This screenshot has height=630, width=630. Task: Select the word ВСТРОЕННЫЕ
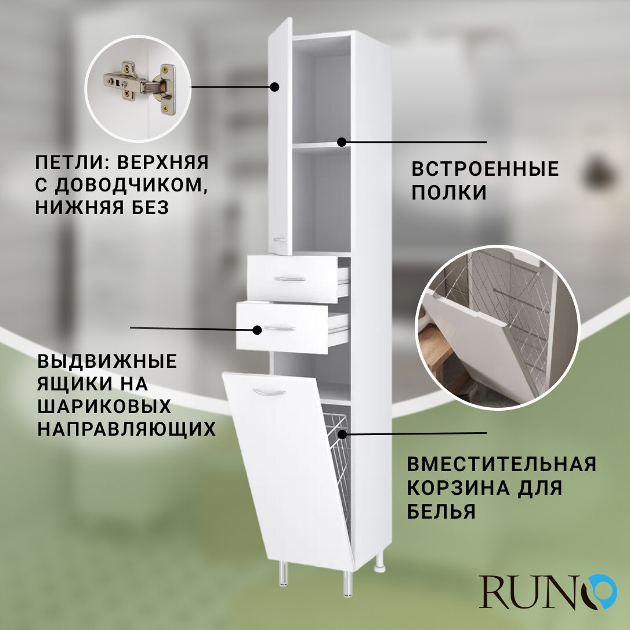coord(485,169)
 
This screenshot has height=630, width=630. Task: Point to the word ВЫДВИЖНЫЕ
coord(107,361)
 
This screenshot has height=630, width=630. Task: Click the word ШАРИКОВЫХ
coord(104,407)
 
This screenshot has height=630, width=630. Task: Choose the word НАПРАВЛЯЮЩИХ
coord(126,429)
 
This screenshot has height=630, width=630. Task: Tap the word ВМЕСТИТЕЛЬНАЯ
coord(501,465)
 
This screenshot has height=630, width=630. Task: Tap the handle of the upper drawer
coord(290,279)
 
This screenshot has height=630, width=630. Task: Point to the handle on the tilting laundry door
coord(269,393)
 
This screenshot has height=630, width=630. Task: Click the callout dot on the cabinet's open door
coord(274,87)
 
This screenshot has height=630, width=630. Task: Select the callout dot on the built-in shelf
coord(342,142)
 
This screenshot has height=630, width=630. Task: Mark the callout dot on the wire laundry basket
coord(342,433)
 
